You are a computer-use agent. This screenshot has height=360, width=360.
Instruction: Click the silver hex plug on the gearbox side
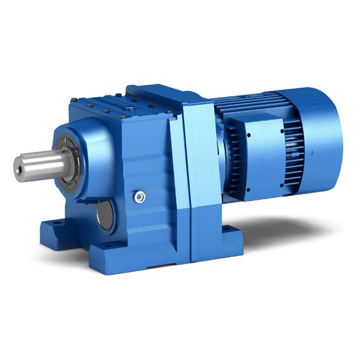click(140, 196)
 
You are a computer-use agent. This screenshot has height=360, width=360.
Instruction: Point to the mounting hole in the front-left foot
click(55, 224)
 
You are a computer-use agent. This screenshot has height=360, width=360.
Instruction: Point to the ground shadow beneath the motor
click(282, 228)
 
